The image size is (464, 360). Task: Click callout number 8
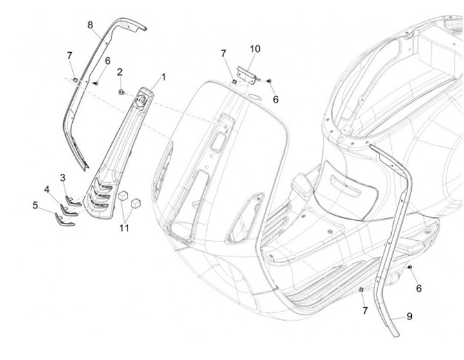point(91,24)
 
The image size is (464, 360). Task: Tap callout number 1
point(163,77)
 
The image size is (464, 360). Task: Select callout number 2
point(120,72)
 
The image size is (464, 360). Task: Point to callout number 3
point(63,177)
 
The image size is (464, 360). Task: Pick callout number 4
point(47,189)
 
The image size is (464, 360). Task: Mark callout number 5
point(35,205)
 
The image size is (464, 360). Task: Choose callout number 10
point(255,49)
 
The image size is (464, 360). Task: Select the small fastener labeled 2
point(121,92)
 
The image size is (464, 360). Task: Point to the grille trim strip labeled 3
point(72,198)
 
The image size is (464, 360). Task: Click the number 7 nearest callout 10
point(224,53)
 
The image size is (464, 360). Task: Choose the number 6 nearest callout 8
point(108,61)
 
